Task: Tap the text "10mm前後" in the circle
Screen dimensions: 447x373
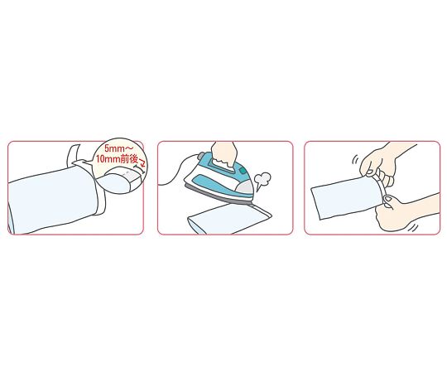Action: point(117,159)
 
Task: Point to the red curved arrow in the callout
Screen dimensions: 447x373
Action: point(142,162)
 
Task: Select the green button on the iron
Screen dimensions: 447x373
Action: point(243,171)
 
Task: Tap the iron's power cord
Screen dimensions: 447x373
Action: point(177,171)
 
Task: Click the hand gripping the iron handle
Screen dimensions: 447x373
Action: point(225,156)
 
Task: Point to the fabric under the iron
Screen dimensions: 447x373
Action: point(228,219)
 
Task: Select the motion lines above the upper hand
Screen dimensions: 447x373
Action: point(354,159)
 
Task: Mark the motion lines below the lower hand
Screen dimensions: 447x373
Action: point(413,227)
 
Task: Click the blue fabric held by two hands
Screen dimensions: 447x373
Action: point(348,198)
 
